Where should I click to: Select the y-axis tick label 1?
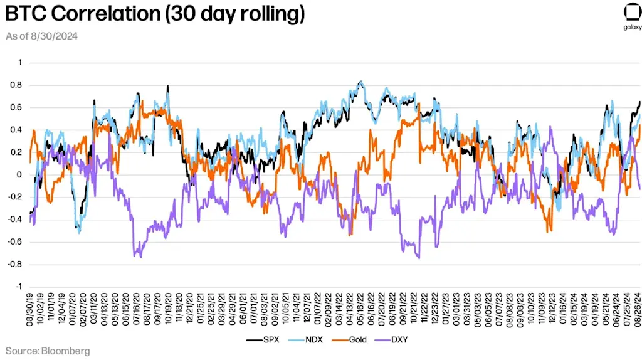(x=19, y=62)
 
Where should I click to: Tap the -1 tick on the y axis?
(x=18, y=287)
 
